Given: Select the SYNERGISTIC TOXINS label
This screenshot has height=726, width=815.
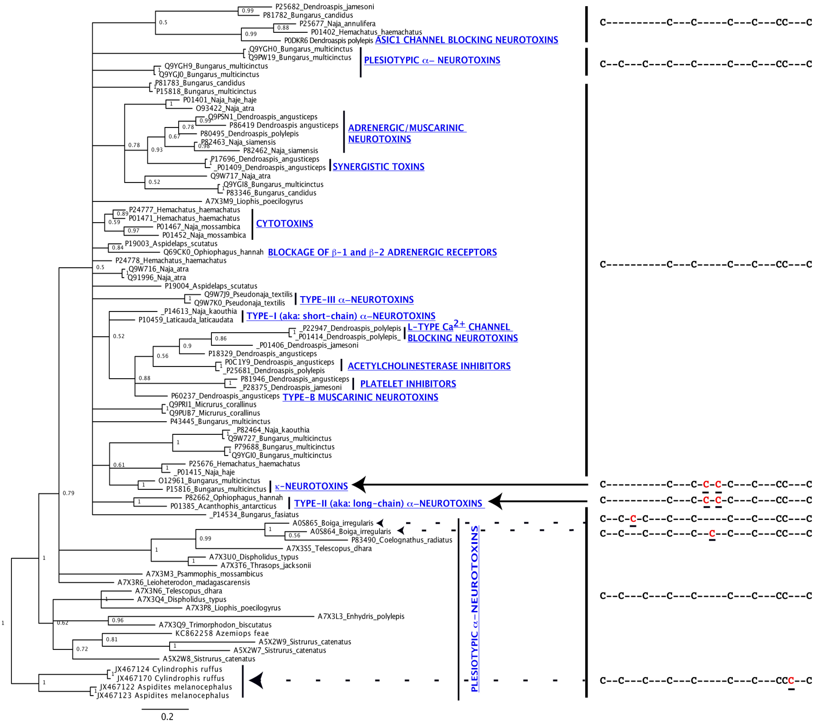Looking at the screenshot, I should click(378, 167).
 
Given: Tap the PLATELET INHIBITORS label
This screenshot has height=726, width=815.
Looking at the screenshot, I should click(408, 384).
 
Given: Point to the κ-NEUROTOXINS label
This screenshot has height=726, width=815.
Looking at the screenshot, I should click(311, 486).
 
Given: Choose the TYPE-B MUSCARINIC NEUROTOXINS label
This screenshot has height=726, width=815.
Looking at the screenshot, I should click(360, 397).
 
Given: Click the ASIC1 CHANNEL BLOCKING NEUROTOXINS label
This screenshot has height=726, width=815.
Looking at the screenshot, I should click(466, 40).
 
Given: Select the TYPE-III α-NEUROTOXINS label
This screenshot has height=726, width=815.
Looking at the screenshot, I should click(357, 299).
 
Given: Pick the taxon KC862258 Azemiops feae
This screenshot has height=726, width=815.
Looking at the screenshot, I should click(222, 633).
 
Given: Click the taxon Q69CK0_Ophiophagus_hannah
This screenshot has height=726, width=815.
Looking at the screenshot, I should click(213, 252).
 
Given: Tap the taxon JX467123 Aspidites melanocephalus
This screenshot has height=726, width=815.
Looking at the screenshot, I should click(163, 695).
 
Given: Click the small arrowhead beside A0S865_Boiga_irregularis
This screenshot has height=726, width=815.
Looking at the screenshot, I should click(380, 523).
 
